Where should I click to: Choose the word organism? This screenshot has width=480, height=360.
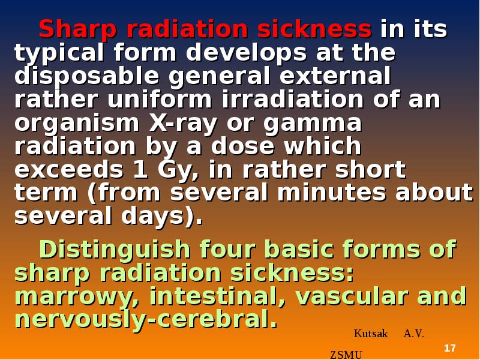pyautogui.click(x=76, y=123)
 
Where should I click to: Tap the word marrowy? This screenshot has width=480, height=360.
pyautogui.click(x=76, y=297)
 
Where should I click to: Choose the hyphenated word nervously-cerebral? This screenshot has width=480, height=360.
pyautogui.click(x=146, y=319)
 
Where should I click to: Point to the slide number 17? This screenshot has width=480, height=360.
pyautogui.click(x=449, y=349)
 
